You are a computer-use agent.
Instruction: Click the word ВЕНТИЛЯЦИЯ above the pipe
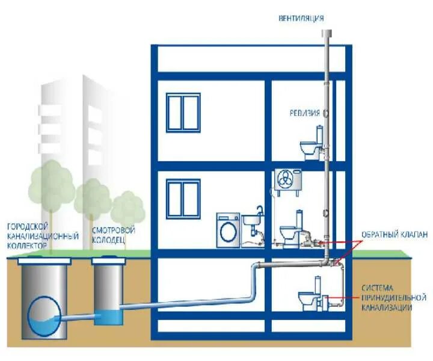pos(301,18)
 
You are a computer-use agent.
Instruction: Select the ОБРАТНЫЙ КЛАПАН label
pos(395,235)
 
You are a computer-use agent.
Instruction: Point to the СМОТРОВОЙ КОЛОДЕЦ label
pos(114,235)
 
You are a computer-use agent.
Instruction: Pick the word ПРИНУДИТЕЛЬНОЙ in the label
pos(394,298)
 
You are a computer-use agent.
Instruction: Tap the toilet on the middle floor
pos(291,229)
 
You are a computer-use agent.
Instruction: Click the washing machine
pos(229,229)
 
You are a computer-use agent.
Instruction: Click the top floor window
pos(183,112)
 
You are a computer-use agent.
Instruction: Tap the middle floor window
pos(183,199)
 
